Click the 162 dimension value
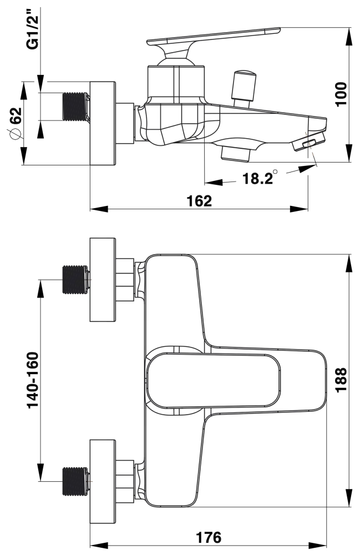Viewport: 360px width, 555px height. (199, 201)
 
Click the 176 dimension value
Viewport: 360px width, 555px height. (209, 537)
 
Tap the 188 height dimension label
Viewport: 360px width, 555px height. (341, 380)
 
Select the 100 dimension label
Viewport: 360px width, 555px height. (341, 94)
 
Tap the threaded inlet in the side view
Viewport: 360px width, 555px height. (75, 107)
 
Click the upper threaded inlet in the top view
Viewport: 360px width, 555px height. (75, 280)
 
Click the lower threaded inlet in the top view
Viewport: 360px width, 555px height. (75, 481)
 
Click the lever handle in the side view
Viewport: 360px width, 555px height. (213, 43)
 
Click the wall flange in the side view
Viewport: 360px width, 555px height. (103, 123)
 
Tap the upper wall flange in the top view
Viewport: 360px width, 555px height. (103, 280)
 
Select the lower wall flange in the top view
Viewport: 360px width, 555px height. (103, 481)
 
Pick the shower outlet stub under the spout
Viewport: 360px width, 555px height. (235, 154)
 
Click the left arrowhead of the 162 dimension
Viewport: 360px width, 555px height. (99, 209)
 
